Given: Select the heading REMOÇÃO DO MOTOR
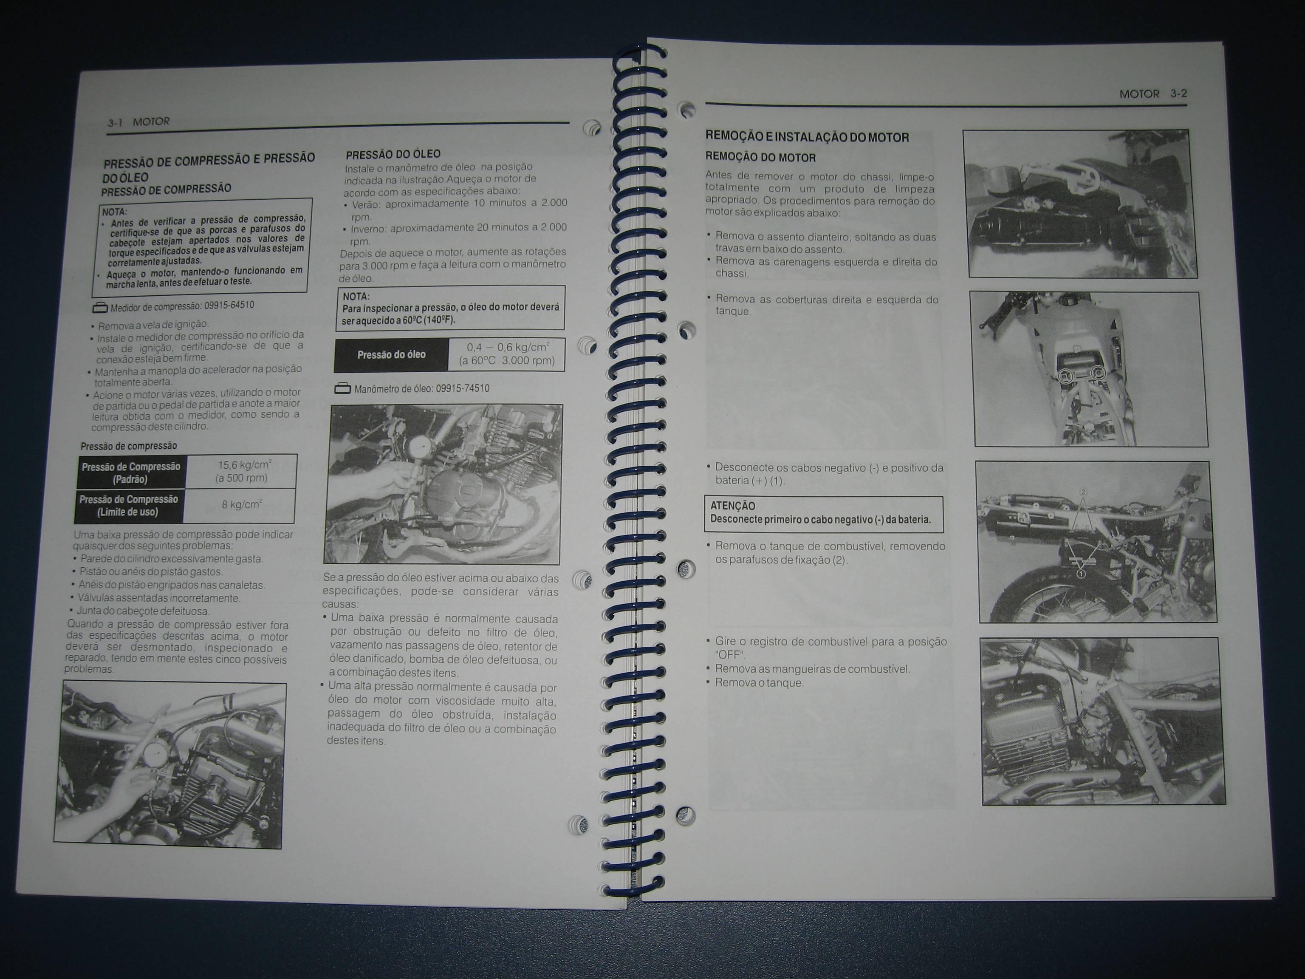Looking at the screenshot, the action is click(x=760, y=158).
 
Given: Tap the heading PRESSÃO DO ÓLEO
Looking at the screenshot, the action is click(x=393, y=154).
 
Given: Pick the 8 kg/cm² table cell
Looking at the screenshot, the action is click(x=241, y=505).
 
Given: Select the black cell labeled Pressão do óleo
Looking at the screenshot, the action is click(x=391, y=355).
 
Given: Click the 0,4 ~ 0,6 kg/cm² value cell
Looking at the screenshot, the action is click(x=507, y=354).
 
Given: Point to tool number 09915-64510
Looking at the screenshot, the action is click(x=229, y=305).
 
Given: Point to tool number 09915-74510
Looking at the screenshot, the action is click(x=463, y=388).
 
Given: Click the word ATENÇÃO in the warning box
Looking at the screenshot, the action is click(x=733, y=506).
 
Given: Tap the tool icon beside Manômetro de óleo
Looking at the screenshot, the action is click(x=342, y=388).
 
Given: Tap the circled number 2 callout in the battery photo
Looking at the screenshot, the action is click(x=1083, y=492).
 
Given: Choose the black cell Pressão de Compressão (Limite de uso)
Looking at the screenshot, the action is click(x=129, y=506).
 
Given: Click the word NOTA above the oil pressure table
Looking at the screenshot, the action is click(x=356, y=296).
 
